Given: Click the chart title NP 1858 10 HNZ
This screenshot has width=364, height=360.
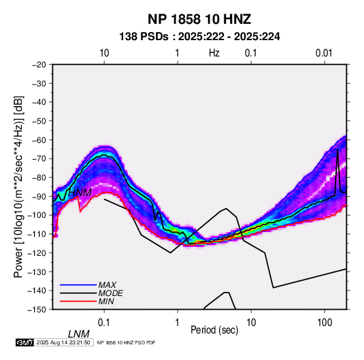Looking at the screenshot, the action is [x=199, y=19].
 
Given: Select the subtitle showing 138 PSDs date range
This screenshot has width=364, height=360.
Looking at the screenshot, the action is [x=199, y=37].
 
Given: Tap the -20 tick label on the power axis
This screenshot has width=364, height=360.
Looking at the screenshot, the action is [x=39, y=65].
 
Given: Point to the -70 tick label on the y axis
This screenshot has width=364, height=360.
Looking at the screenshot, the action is [x=39, y=159].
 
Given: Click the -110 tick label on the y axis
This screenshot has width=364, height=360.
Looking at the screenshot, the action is [x=37, y=234].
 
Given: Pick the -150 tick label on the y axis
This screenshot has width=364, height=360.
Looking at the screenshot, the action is [x=37, y=310].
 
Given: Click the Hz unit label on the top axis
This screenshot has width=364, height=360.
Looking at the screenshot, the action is [x=214, y=53].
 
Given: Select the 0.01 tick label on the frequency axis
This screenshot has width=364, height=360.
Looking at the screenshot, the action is [x=324, y=53].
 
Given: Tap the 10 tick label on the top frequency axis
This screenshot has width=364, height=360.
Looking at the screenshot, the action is [x=104, y=53].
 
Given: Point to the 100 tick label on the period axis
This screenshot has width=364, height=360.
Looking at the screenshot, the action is [x=325, y=323].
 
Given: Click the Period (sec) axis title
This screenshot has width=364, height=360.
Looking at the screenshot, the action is [x=214, y=330].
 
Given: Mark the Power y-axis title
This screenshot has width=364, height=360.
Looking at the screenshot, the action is [x=18, y=186].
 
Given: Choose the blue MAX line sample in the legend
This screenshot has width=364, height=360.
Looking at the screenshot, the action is [x=78, y=284].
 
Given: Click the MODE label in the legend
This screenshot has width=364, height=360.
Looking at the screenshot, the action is [x=110, y=293].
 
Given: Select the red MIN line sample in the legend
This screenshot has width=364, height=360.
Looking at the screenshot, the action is [x=78, y=301].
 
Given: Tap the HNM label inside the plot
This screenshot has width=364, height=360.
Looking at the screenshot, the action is [x=80, y=193].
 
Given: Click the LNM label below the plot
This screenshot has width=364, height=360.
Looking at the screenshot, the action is [x=79, y=334].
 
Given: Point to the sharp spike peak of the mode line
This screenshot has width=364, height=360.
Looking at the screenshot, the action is [x=337, y=150].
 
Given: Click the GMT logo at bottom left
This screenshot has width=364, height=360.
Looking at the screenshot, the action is [x=25, y=342].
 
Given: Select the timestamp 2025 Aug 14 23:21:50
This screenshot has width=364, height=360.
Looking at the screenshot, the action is [x=63, y=342].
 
